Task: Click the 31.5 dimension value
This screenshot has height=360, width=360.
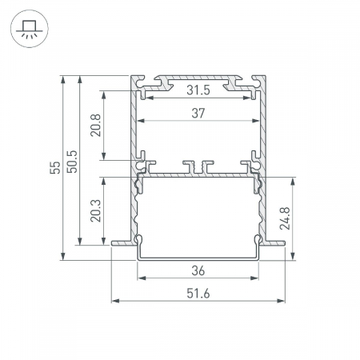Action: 198,90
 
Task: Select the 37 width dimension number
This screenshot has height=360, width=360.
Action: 198,114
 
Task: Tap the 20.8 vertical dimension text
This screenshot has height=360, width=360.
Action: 95,126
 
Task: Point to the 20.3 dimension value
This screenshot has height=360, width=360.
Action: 95,210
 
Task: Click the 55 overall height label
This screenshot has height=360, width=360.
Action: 55,167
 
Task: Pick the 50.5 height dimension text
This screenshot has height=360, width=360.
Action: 72,162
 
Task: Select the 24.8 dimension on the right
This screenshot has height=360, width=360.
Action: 285,218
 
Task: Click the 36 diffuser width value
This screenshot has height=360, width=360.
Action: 198,271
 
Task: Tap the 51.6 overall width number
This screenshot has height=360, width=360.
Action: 198,294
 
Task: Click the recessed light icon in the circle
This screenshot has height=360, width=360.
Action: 30,29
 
